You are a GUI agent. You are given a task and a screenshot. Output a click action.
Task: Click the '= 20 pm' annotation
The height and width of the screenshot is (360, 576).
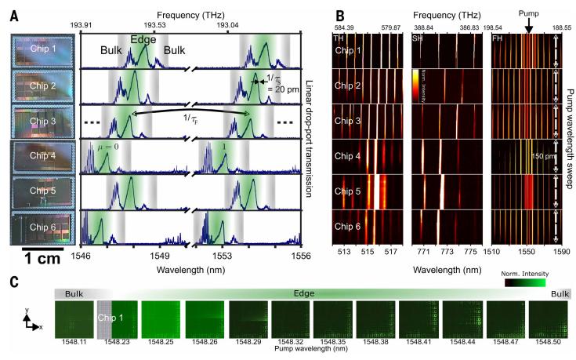[x=275, y=89]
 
